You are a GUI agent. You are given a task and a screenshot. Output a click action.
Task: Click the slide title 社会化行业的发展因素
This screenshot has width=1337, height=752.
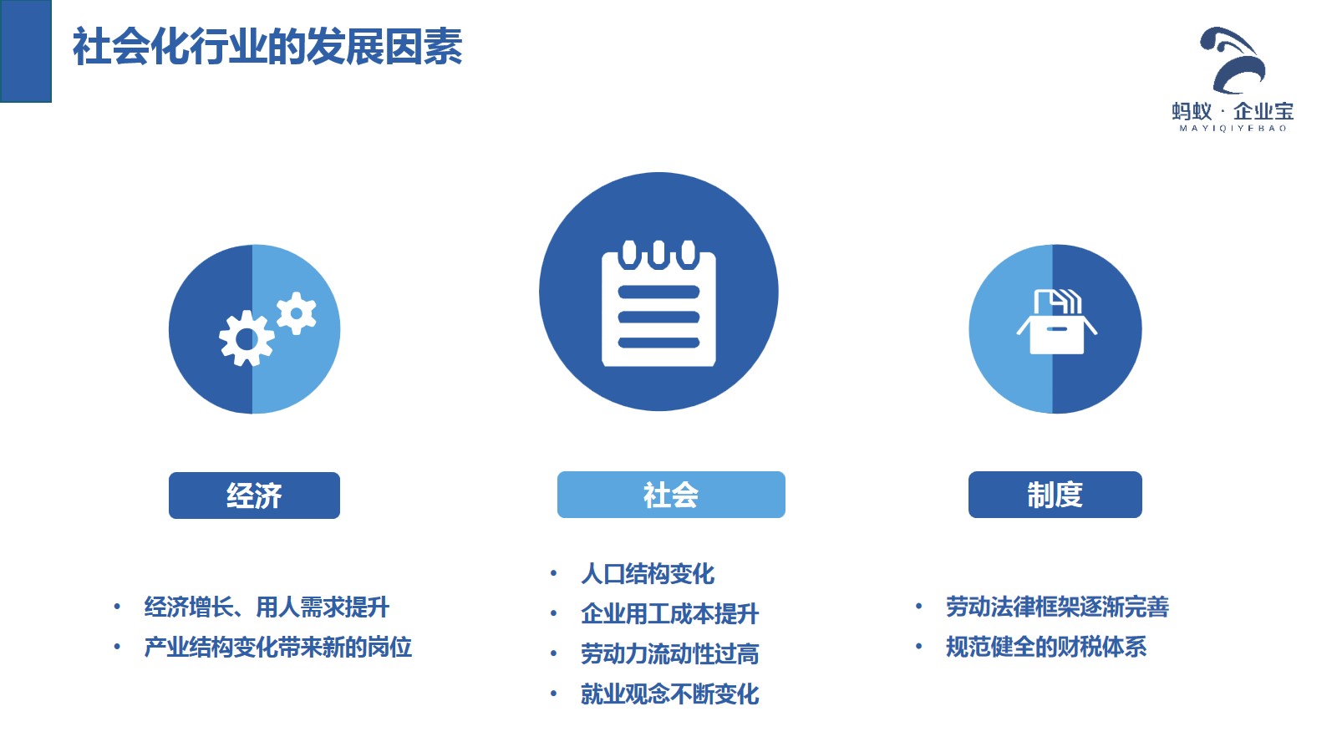pos(267,47)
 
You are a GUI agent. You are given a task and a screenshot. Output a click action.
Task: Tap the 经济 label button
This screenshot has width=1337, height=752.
pos(254,495)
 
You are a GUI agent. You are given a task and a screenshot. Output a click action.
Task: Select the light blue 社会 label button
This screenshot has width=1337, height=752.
pos(671,495)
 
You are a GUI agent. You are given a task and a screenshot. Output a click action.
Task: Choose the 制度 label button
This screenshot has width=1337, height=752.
pos(1055,495)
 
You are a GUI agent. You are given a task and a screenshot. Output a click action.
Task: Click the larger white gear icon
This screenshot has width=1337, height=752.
pos(247,338)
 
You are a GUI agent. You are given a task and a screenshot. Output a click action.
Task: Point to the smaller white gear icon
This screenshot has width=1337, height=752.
pos(296,312)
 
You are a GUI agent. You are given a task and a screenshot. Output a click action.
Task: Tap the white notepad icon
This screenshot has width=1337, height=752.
pos(658,303)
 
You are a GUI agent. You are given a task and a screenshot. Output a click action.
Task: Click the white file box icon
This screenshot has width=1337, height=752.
pos(1056,322)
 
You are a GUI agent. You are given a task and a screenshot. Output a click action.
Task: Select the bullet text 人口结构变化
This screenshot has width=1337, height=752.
pos(648,574)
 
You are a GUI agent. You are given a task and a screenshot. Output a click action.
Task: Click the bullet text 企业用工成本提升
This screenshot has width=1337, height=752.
pos(669,614)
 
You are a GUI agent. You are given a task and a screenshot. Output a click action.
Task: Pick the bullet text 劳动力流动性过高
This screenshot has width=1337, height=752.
pos(669,654)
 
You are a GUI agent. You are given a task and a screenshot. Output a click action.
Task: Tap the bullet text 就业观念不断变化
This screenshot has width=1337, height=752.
pos(669,694)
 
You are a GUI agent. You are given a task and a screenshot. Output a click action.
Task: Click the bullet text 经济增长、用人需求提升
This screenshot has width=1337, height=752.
pos(267,607)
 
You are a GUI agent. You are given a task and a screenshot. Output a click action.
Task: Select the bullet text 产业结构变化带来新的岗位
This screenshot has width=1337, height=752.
pos(278,648)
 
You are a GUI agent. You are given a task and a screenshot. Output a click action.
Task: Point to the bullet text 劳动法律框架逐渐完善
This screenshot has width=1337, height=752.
pos(1057,607)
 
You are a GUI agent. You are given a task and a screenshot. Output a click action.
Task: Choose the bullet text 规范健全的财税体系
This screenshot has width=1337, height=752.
pos(1046,647)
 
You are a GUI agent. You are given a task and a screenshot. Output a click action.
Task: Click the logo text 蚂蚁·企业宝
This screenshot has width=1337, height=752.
pos(1233,112)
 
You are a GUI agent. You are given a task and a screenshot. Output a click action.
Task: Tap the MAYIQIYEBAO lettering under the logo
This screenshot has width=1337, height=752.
pos(1233,129)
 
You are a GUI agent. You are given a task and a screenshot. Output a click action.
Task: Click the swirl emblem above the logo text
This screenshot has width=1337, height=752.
pos(1233,60)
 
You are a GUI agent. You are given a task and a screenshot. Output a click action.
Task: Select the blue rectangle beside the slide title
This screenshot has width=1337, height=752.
pos(26,51)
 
